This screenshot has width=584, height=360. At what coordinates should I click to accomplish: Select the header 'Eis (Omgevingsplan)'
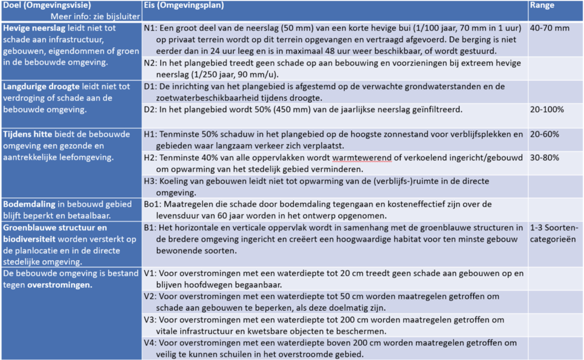pyautogui.click(x=184, y=5)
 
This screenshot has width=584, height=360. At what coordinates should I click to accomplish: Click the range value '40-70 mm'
pyautogui.click(x=549, y=28)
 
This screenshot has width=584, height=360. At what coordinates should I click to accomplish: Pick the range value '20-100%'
pyautogui.click(x=547, y=110)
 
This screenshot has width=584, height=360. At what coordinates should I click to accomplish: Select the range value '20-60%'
pyautogui.click(x=544, y=134)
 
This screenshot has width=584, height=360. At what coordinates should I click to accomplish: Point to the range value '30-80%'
pyautogui.click(x=544, y=157)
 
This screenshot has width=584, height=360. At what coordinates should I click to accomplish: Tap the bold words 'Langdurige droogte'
pyautogui.click(x=40, y=87)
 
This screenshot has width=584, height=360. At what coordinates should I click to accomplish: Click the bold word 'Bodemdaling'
pyautogui.click(x=30, y=204)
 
